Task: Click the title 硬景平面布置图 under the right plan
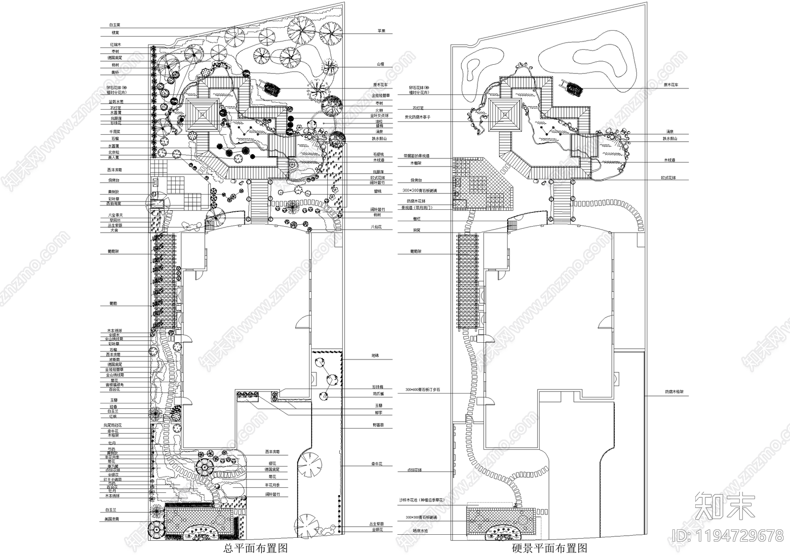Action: [549, 548]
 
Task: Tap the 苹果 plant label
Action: [381, 31]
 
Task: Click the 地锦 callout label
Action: [375, 356]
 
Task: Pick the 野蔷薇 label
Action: [378, 425]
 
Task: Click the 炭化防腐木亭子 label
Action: [417, 117]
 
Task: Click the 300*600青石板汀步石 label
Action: [422, 390]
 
